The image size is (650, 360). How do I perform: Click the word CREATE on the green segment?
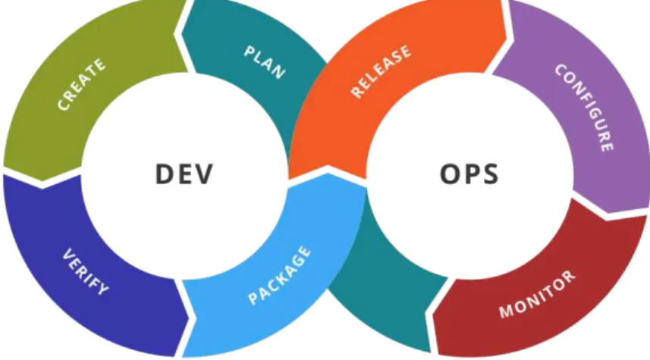click(81, 85)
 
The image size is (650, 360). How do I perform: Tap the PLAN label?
click(265, 62)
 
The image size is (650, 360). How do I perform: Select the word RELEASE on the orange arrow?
click(381, 70)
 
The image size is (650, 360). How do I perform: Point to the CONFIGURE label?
click(585, 108)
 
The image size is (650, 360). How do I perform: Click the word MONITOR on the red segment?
click(537, 294)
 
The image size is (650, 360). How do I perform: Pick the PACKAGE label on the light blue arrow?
click(279, 275)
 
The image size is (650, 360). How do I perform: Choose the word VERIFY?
click(86, 271)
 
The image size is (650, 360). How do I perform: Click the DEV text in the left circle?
click(184, 174)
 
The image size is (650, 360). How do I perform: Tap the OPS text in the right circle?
click(469, 174)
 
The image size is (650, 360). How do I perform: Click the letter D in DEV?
click(164, 174)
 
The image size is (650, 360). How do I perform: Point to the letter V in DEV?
click(203, 174)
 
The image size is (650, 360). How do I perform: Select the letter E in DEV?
click(184, 174)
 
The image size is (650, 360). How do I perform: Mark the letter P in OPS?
click(471, 174)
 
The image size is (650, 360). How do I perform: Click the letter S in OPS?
click(490, 174)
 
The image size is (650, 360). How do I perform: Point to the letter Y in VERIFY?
click(103, 288)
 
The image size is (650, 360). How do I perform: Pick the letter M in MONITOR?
click(506, 311)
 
